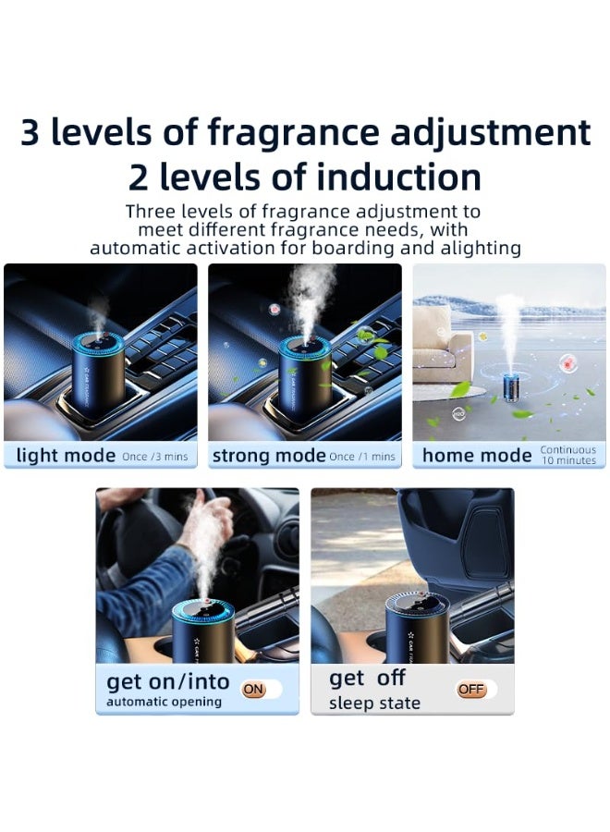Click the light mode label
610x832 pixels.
[x=67, y=455]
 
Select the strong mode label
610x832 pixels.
[x=268, y=455]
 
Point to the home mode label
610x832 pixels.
[x=477, y=455]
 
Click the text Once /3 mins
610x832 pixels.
[x=154, y=457]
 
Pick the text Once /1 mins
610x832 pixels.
[x=362, y=457]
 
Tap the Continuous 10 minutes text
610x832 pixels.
[x=568, y=455]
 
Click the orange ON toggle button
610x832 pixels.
[x=253, y=689]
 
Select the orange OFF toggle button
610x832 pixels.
[x=471, y=690]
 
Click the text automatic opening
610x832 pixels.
[x=164, y=702]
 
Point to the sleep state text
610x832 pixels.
[x=374, y=704]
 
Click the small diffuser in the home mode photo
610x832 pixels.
[x=507, y=388]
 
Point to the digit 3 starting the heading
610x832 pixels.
[x=30, y=134]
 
